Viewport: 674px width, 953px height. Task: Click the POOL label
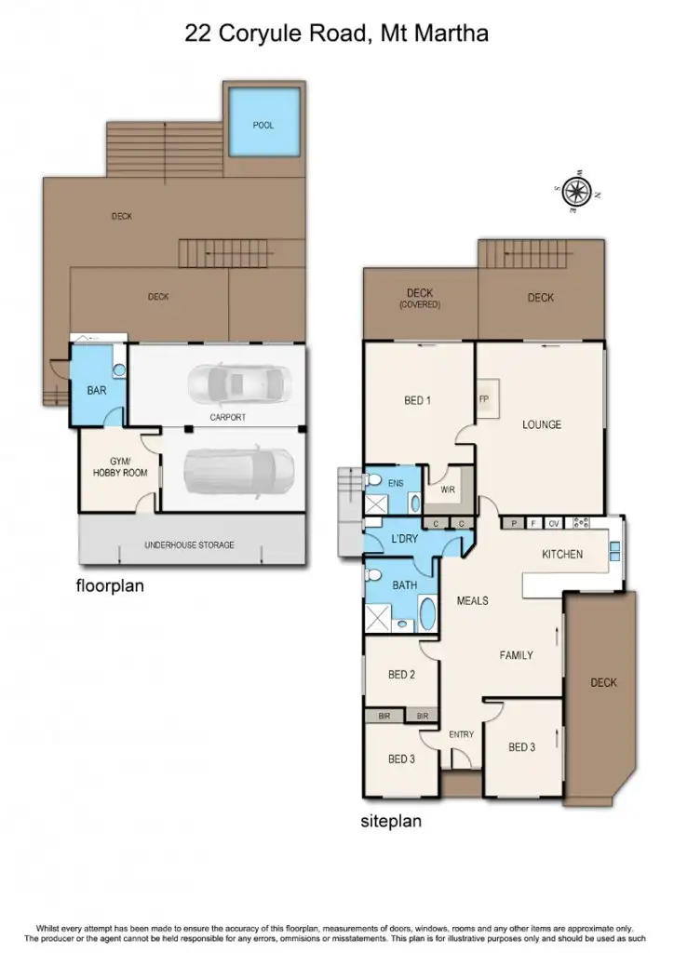[263, 125]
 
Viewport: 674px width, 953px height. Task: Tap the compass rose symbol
[577, 192]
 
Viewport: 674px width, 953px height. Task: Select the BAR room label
[96, 391]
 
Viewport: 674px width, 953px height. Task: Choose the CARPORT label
[227, 418]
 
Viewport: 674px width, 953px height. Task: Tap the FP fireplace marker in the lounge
[484, 400]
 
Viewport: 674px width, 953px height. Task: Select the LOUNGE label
[541, 425]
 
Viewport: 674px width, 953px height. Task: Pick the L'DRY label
[403, 541]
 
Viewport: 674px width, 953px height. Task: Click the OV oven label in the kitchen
[553, 524]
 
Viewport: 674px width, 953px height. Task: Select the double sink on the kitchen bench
[614, 551]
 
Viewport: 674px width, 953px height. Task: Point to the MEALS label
[472, 601]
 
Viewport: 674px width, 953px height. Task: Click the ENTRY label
[461, 734]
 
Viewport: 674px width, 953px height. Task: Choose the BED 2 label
[400, 675]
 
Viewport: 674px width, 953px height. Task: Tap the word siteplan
[391, 823]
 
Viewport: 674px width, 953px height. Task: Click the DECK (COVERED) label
[419, 298]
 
